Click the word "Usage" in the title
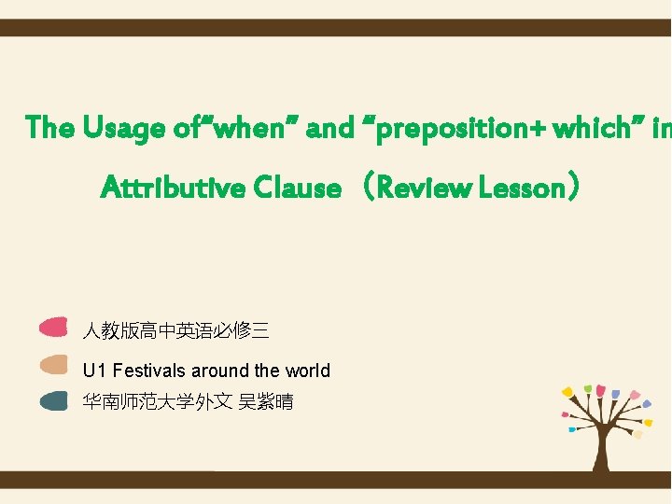click(123, 127)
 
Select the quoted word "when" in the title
click(247, 127)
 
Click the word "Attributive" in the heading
click(174, 189)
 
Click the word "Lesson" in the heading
click(523, 189)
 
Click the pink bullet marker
click(54, 328)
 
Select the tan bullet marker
click(54, 364)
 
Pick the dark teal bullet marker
click(54, 401)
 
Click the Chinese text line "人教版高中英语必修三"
click(175, 329)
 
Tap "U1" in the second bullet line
click(94, 371)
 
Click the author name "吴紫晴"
click(266, 402)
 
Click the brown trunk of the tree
click(602, 453)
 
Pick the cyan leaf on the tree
click(571, 430)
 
